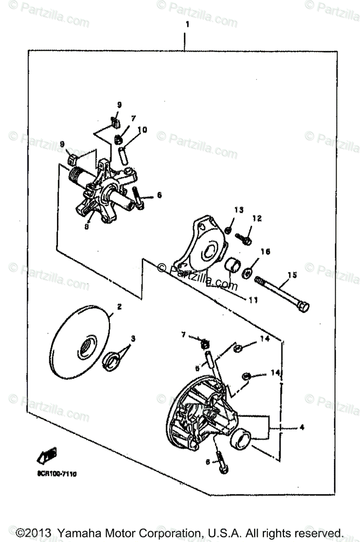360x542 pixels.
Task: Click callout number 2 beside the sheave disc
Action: tap(120, 307)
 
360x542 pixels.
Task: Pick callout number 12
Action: tap(257, 219)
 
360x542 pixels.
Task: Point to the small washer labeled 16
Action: tap(247, 272)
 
